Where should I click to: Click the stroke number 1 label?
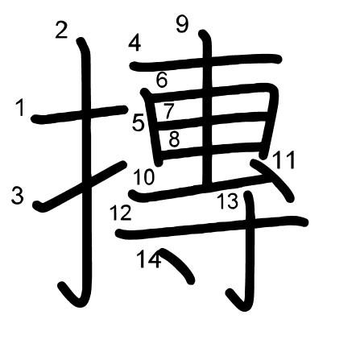tap(20, 107)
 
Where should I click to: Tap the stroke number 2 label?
tap(61, 30)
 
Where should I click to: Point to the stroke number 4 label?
tap(134, 43)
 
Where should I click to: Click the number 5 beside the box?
tap(139, 123)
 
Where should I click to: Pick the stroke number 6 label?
tap(162, 80)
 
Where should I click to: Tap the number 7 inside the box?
tap(169, 110)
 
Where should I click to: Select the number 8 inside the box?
tap(174, 139)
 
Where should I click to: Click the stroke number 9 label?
tap(182, 24)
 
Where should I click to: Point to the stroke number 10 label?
tap(144, 177)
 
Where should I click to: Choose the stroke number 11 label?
tap(284, 160)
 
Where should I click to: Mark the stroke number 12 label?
tap(121, 213)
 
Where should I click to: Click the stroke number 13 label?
tap(228, 201)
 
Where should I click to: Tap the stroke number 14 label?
tap(149, 259)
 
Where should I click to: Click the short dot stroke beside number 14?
tap(178, 265)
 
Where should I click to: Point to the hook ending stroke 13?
tap(240, 301)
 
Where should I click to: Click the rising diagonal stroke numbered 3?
tap(80, 186)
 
